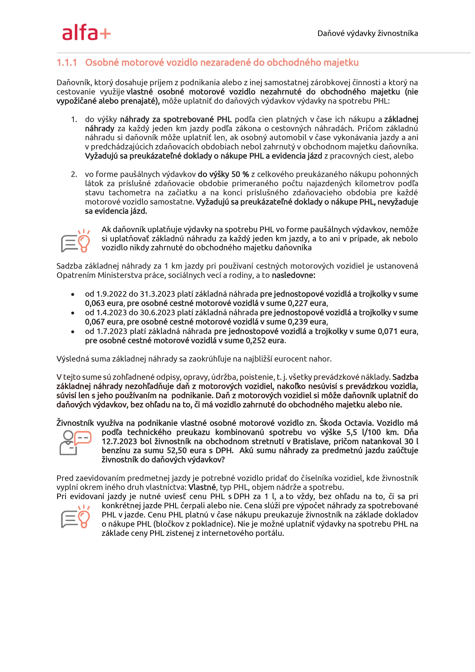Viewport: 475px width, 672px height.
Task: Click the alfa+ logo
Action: coord(86,33)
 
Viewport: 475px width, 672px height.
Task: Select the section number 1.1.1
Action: coord(67,63)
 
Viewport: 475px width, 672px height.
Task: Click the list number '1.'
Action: coord(74,120)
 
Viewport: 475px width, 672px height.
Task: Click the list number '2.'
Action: coord(74,174)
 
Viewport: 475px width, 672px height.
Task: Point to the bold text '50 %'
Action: coord(240,174)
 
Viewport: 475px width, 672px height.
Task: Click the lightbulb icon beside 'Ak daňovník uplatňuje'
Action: coord(75,241)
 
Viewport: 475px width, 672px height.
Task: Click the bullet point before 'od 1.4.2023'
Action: coord(73,313)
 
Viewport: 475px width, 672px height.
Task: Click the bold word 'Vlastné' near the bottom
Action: coord(202,487)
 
